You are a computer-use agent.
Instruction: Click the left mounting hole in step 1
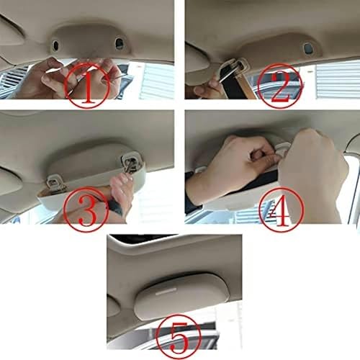55,45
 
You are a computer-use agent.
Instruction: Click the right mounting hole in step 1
120,45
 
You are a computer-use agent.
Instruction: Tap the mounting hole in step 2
309,50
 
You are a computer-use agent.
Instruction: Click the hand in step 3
120,194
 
